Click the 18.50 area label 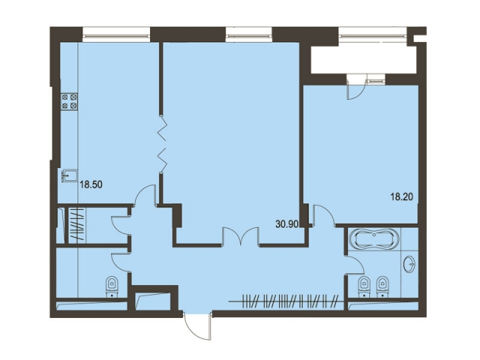click(x=91, y=185)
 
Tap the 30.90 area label click(x=286, y=224)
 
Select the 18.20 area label click(x=402, y=196)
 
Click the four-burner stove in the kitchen click(x=69, y=102)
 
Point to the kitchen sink click(x=69, y=175)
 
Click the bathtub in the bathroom click(x=374, y=238)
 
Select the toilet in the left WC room click(x=112, y=286)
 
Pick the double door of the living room click(x=241, y=236)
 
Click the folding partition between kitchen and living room click(x=162, y=144)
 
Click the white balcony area click(x=364, y=59)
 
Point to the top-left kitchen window click(x=116, y=34)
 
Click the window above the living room click(x=249, y=34)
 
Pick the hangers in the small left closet click(x=76, y=223)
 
